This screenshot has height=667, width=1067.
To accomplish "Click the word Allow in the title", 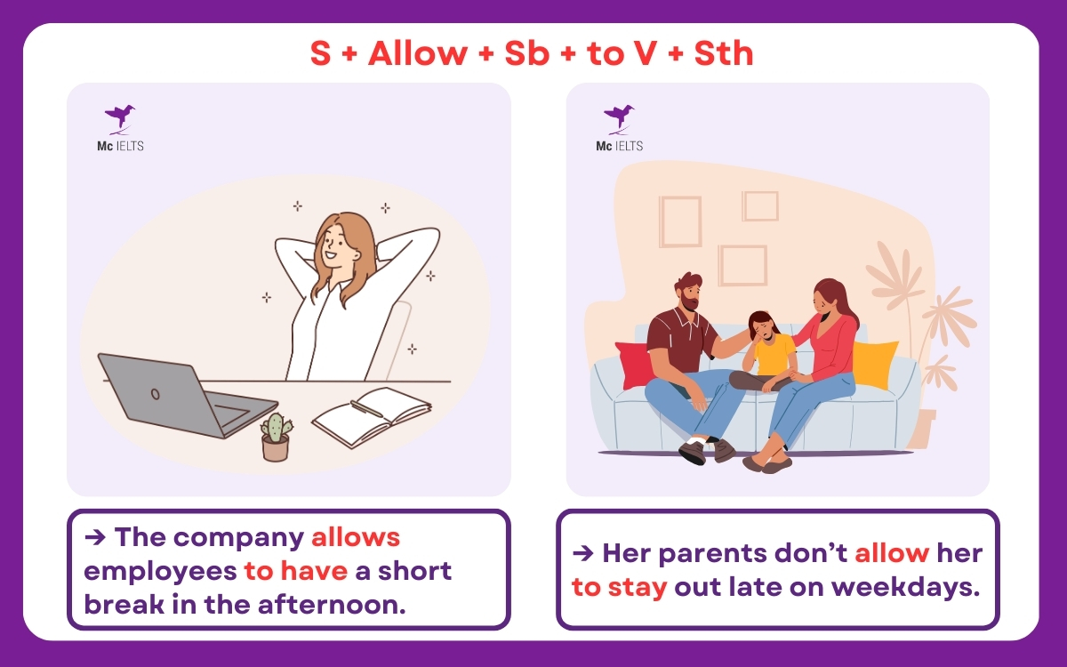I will click(417, 53).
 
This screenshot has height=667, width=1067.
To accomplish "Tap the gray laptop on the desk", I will click(178, 396).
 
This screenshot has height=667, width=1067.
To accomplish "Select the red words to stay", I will click(619, 586).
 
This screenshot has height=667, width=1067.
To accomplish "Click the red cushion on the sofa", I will click(633, 364).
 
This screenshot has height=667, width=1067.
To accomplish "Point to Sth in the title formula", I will click(720, 53).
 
